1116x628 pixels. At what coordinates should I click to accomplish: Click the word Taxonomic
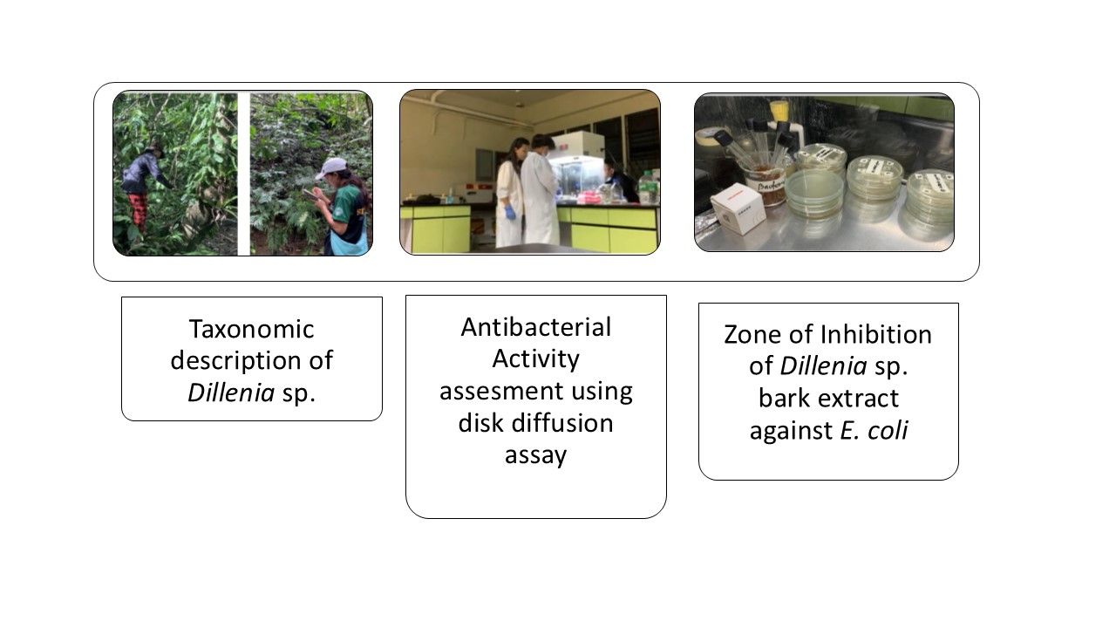point(252,330)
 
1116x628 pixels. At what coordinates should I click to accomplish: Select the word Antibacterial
point(536,327)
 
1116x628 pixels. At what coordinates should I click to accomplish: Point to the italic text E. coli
point(874,430)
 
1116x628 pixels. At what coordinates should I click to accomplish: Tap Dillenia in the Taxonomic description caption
point(231,392)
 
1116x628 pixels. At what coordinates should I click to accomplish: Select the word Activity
point(536,359)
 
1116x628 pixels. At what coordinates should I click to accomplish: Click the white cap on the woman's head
point(331,167)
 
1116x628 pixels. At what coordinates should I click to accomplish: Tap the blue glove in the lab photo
point(509,214)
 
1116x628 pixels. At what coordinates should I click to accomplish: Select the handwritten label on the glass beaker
point(771,187)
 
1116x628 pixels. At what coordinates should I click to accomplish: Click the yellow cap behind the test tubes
point(779,111)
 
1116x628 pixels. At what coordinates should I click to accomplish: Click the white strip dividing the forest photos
point(243,174)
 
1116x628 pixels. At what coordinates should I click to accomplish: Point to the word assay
point(536,456)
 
